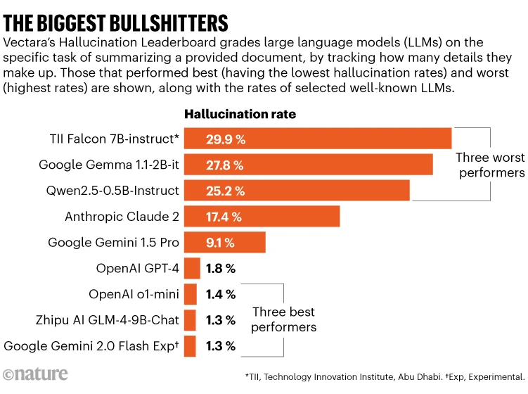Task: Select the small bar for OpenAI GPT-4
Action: [x=192, y=268]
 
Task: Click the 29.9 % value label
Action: [x=225, y=139]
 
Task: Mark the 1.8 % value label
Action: [x=221, y=268]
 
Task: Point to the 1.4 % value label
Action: [x=221, y=294]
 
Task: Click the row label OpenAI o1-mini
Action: [x=134, y=294]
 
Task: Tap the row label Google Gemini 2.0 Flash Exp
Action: [x=91, y=345]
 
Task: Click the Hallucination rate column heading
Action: [x=240, y=114]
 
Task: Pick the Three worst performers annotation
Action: [x=490, y=165]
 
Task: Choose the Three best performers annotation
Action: [x=283, y=319]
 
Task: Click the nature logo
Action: [x=36, y=374]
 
